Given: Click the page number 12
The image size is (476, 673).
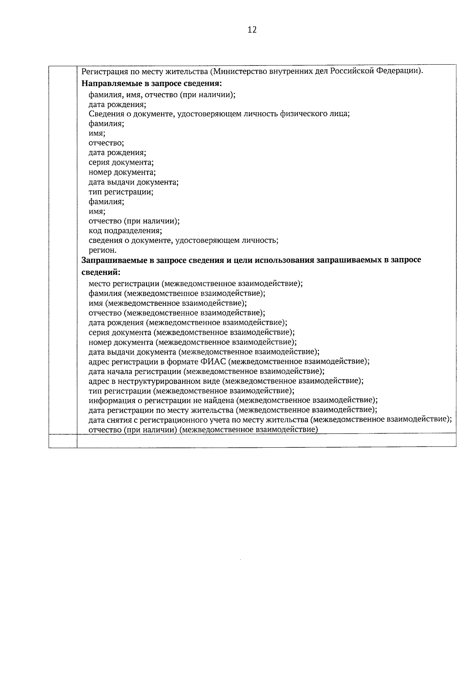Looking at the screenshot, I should tap(252, 30).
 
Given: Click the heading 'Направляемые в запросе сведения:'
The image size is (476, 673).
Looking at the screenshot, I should tap(151, 84).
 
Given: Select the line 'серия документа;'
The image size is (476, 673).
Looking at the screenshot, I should tap(121, 163).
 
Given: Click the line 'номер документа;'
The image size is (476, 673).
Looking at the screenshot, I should tap(122, 173).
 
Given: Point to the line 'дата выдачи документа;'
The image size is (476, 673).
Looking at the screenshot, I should tap(133, 182).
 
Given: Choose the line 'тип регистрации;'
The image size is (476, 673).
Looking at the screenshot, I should tap(121, 192).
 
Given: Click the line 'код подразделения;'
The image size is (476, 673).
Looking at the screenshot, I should tap(125, 231).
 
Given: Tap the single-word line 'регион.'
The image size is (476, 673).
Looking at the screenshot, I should tap(102, 250).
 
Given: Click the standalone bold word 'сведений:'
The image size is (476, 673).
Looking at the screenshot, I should tap(101, 272).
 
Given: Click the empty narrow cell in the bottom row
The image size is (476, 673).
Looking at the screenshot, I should tap(63, 441).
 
